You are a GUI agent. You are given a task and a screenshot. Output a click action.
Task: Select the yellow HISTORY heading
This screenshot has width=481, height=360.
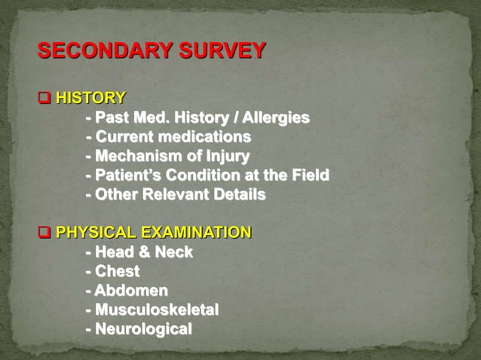[91, 98]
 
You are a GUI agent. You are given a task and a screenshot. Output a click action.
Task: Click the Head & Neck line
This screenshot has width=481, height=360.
[143, 252]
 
